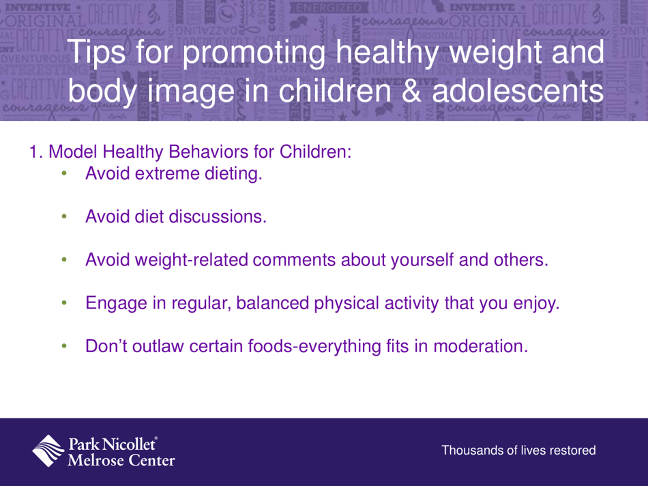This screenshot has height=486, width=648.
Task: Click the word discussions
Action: [x=208, y=217]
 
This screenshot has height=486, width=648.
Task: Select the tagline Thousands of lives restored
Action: [x=519, y=451]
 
